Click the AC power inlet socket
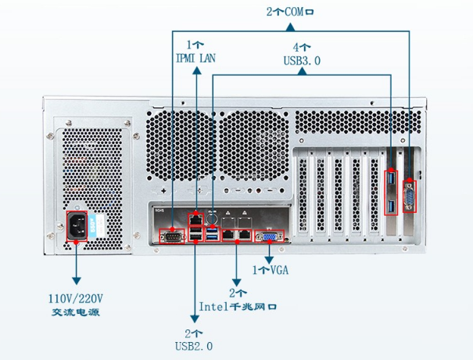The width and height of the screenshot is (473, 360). coord(78,228)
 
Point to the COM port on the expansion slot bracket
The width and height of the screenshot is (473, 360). coord(409,196)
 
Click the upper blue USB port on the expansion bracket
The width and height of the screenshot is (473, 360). coord(391,184)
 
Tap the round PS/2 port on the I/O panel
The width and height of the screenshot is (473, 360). coord(212,218)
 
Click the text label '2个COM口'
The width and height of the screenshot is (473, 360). coord(289,12)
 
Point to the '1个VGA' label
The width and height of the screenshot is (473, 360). coord(271,270)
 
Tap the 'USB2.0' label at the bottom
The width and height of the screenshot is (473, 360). coord(195,345)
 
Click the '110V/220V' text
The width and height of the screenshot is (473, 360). coord(77,298)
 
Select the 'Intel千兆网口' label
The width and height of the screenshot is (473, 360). coord(238,306)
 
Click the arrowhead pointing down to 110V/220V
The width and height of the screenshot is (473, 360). coord(77,280)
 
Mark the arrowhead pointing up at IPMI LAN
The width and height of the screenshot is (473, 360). coord(196,73)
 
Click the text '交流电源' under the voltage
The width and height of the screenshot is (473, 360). coord(77,312)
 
